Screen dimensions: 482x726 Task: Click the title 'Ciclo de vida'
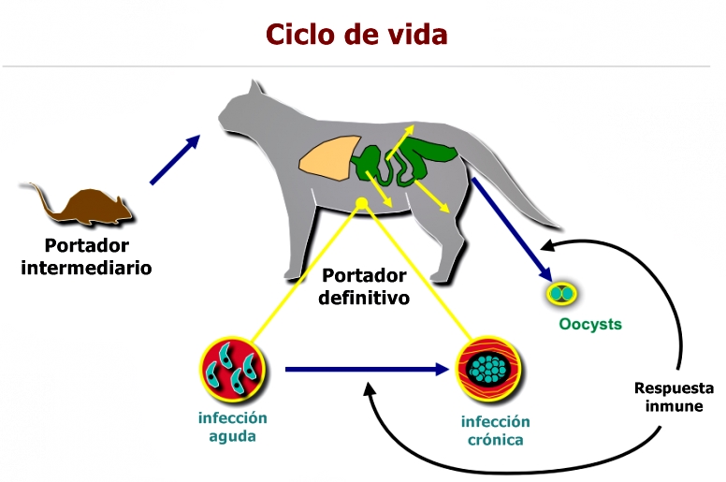(x=356, y=34)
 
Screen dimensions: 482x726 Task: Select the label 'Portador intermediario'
(x=86, y=256)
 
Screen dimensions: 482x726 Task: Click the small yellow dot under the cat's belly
(x=362, y=203)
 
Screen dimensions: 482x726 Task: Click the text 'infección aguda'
(x=232, y=427)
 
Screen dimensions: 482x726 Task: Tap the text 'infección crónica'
(x=495, y=431)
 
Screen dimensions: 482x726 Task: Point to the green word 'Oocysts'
(x=589, y=325)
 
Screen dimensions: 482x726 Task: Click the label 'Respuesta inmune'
(x=674, y=398)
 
